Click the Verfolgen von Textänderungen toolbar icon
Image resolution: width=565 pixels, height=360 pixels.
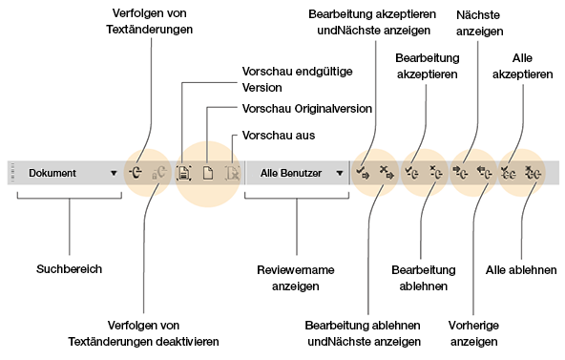[138, 174]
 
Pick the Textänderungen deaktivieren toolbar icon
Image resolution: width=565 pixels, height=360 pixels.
[160, 174]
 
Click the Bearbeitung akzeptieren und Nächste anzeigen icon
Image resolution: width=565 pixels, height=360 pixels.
[363, 174]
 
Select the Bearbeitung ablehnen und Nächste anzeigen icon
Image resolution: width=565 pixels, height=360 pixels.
[386, 174]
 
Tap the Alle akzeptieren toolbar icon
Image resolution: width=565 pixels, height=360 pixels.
[510, 174]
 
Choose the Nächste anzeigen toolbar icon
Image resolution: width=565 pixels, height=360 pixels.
[460, 174]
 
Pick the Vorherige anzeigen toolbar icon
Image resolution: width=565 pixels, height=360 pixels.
[484, 174]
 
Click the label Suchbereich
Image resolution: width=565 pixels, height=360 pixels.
[69, 269]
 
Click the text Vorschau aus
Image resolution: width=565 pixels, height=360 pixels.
[279, 136]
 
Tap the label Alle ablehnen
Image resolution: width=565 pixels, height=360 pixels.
[521, 270]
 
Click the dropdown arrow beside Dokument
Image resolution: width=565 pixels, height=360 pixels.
[115, 174]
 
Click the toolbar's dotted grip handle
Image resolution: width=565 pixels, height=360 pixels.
[13, 174]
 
